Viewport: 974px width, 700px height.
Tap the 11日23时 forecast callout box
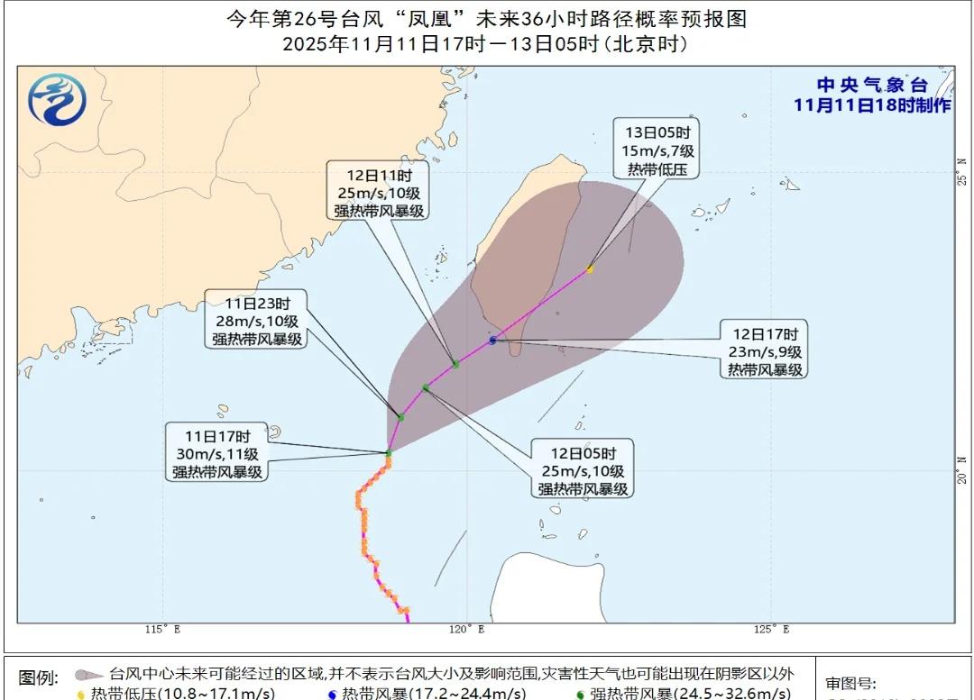256,319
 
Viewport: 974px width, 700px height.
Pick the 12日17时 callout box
764,349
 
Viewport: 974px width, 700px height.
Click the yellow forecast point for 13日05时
590,268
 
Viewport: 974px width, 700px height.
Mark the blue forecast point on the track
492,340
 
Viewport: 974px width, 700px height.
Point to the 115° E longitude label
162,629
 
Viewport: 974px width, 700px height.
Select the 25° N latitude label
962,170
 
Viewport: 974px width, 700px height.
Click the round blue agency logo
57,98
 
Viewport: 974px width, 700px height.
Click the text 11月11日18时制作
871,105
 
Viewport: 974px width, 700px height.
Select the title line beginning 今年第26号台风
486,19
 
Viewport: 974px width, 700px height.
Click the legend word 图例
39,677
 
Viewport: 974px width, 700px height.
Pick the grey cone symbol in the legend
89,675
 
